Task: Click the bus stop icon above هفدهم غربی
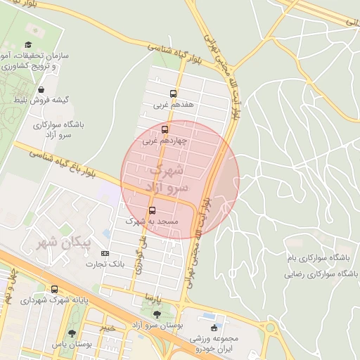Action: coord(173,94)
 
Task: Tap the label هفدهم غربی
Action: coord(172,105)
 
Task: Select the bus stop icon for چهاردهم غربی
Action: coord(165,129)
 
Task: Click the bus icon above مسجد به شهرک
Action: coord(152,210)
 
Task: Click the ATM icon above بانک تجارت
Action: coord(105,253)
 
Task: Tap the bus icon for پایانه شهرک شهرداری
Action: coord(55,290)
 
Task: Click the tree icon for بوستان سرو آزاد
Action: coord(156,314)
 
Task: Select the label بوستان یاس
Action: coord(72,345)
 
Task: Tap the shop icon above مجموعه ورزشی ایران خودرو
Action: coord(214,327)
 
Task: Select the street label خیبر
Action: coord(108,327)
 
